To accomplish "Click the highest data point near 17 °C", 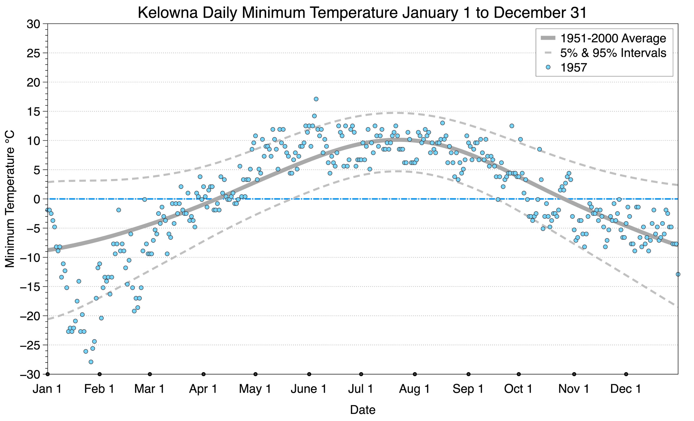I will (316, 99).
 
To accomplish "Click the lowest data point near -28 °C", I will (91, 362).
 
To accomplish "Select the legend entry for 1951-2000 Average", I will (613, 39).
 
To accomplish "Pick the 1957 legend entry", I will (573, 68).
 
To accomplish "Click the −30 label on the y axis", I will (30, 375).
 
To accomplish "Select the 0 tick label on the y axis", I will (37, 199).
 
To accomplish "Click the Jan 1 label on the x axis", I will (47, 389).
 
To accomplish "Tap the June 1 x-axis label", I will (308, 389).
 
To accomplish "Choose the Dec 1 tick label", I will (626, 389).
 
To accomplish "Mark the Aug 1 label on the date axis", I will (414, 389).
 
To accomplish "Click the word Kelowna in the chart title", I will (168, 13).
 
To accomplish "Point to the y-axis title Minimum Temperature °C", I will (10, 199).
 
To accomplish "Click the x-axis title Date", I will (363, 410).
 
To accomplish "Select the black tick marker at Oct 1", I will (519, 374).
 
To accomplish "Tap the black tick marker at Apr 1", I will (203, 374).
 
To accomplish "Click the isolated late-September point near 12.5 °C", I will (512, 126).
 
